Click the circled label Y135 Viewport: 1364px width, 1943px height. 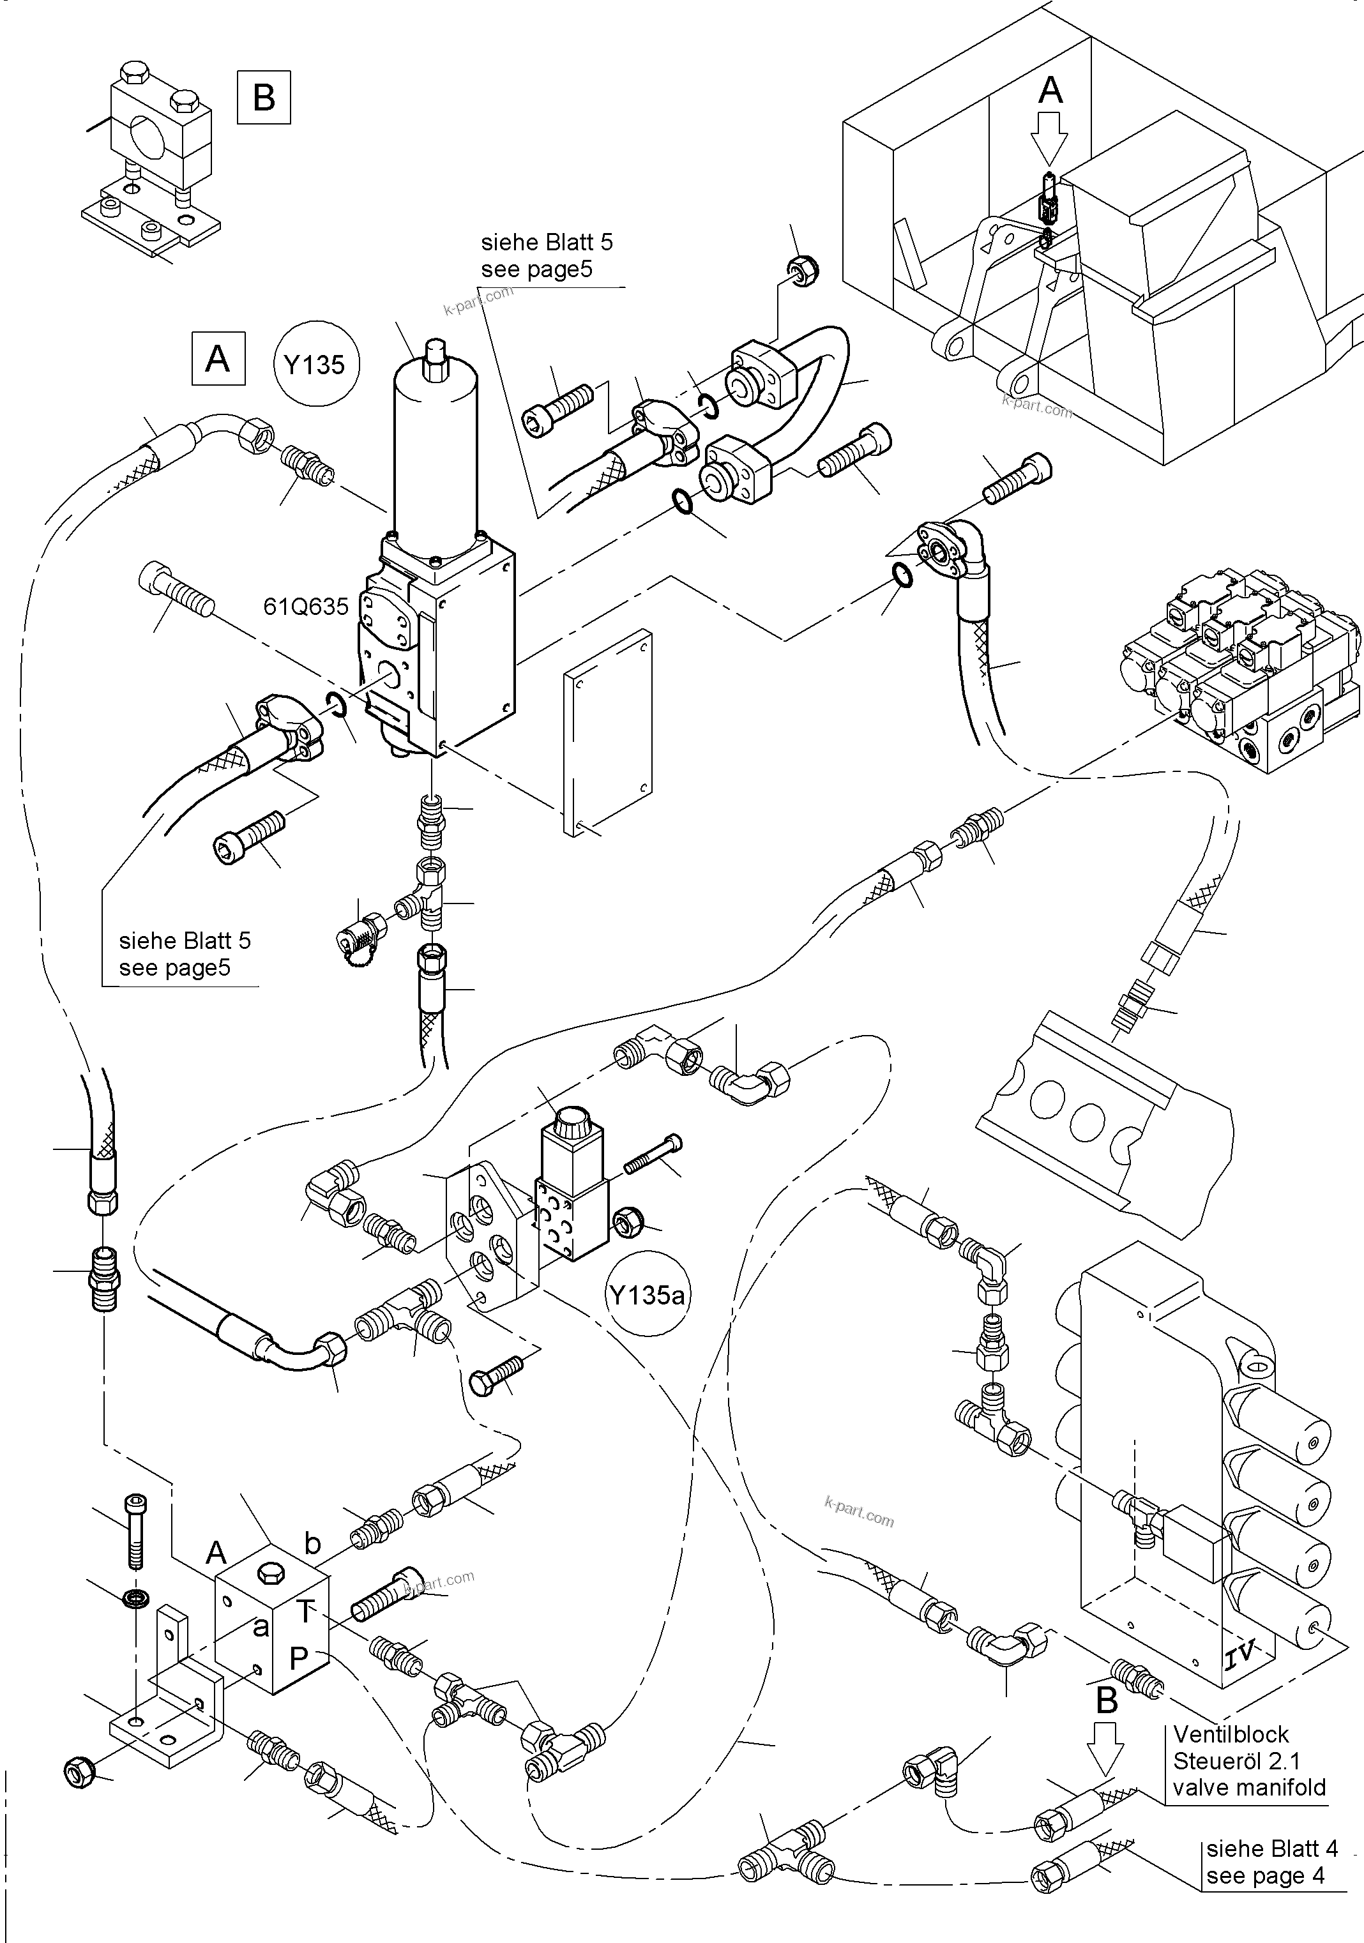point(315,365)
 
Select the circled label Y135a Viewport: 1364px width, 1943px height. point(648,1295)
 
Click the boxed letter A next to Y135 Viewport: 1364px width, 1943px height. point(218,359)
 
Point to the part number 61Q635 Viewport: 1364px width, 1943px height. point(305,606)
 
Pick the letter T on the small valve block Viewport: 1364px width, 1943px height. point(305,1608)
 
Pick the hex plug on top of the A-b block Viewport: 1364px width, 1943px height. point(271,1573)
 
